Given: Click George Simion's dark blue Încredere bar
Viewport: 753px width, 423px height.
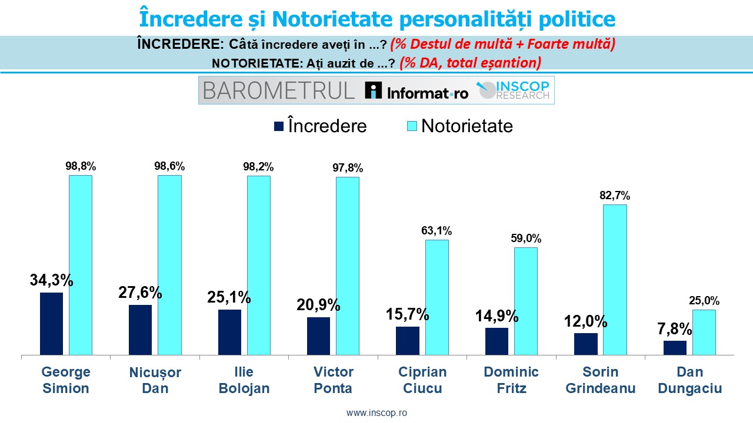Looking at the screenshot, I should (x=51, y=324).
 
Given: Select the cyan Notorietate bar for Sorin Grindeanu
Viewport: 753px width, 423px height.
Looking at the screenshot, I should (x=615, y=280).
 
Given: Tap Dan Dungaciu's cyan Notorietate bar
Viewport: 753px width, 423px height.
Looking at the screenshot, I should (x=704, y=332).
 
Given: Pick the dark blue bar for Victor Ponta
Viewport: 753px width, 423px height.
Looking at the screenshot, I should (x=318, y=336).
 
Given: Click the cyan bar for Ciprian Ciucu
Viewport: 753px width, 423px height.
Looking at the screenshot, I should (x=437, y=297).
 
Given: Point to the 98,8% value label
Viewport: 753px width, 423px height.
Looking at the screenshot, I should (x=81, y=166).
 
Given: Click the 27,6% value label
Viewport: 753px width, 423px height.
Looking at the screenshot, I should (x=140, y=293).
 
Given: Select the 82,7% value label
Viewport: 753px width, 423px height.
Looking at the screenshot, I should (x=615, y=195).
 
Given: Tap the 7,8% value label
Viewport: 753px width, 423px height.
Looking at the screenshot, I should (x=674, y=328).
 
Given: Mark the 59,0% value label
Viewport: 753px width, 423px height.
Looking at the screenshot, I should (x=526, y=239).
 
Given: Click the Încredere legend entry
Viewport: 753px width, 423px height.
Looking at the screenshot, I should (x=320, y=126).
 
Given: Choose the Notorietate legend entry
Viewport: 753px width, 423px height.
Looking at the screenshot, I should (x=459, y=126).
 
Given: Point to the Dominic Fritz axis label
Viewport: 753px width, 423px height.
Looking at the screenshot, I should (x=511, y=380).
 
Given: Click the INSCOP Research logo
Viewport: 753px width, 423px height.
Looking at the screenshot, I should (x=515, y=90).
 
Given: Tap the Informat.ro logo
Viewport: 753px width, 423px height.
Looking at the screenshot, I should (x=417, y=90).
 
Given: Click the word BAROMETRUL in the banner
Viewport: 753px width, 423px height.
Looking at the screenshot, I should (x=279, y=90).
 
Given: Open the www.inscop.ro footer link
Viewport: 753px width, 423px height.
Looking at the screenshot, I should (x=376, y=412).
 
